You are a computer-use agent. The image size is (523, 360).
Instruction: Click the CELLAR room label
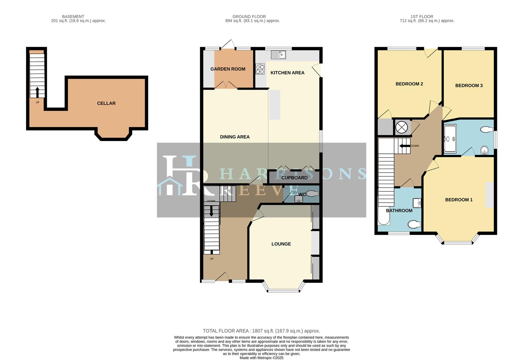(106, 103)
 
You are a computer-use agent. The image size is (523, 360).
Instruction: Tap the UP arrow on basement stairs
(37, 92)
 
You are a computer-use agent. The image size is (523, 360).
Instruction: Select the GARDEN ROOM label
(228, 69)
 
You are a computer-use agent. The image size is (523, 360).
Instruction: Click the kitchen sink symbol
(278, 54)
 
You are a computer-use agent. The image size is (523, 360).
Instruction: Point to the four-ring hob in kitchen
(260, 69)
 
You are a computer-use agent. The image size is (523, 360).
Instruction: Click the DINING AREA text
(235, 137)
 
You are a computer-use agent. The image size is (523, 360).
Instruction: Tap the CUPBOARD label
(294, 178)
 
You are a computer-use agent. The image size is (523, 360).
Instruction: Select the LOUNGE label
(281, 244)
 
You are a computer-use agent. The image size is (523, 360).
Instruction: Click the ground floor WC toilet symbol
(312, 193)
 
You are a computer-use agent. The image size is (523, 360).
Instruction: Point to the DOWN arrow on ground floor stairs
(211, 211)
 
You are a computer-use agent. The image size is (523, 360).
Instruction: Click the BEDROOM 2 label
(409, 84)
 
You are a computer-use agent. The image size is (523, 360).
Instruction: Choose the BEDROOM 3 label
(469, 85)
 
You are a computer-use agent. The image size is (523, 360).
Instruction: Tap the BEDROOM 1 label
(459, 200)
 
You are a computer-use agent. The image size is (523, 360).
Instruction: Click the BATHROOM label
(399, 211)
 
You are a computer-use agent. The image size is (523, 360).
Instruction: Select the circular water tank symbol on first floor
(402, 127)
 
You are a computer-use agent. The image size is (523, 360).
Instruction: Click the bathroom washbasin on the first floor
(417, 203)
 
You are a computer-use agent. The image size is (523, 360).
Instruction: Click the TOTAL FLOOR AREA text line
(261, 331)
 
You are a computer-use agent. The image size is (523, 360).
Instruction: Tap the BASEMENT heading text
(73, 16)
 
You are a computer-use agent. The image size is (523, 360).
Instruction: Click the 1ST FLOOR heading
(422, 16)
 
